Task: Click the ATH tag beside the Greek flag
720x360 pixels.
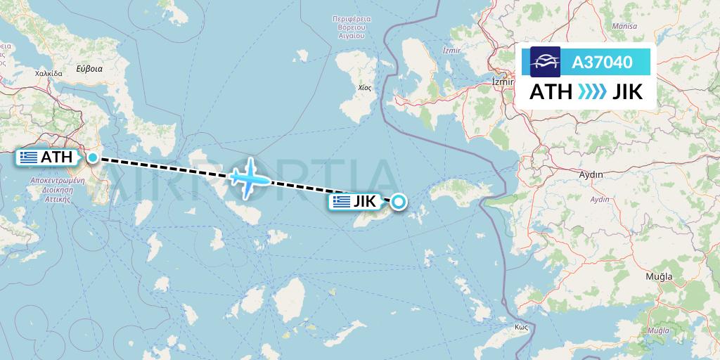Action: tap(56, 157)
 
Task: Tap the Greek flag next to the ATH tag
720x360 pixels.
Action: tap(29, 157)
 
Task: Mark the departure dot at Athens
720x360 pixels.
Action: tap(93, 157)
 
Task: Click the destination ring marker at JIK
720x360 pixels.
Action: tap(398, 202)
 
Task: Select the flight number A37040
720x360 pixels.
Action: tap(602, 63)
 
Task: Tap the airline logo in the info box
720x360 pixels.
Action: tap(546, 62)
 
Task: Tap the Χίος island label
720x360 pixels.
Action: tap(364, 88)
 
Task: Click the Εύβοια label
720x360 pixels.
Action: tap(90, 69)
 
